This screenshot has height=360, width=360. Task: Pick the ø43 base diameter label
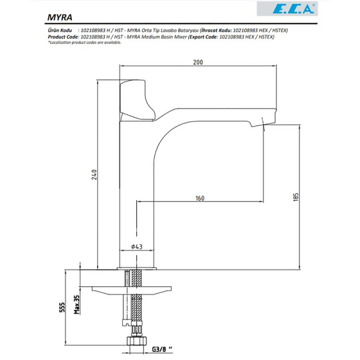[137, 247]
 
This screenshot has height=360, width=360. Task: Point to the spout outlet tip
[264, 124]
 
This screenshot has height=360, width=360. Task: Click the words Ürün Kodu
[59, 29]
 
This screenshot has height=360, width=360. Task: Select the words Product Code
[62, 36]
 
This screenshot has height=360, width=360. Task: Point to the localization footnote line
[84, 42]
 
